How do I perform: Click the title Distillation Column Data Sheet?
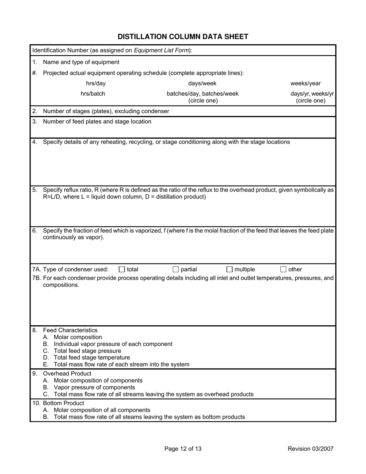click(x=183, y=37)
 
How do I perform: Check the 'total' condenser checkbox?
click(x=122, y=269)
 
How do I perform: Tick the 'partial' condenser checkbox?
click(x=175, y=269)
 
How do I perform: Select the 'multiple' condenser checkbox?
click(x=229, y=269)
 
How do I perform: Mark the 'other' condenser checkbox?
click(x=283, y=269)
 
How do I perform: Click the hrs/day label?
click(x=96, y=83)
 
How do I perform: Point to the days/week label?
click(x=202, y=83)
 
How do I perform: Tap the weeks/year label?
click(x=306, y=83)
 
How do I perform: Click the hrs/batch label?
click(x=92, y=93)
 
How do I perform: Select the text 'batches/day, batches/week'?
click(x=202, y=93)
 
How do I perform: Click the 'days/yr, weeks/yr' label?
click(x=312, y=93)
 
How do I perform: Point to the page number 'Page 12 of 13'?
click(x=183, y=449)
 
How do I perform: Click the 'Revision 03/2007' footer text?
click(x=311, y=449)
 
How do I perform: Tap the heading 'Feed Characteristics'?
click(x=70, y=330)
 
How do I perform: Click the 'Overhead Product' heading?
click(x=67, y=373)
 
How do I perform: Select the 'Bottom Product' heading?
click(x=64, y=403)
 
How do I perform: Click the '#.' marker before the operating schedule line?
click(x=35, y=73)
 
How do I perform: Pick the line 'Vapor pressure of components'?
click(x=94, y=387)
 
